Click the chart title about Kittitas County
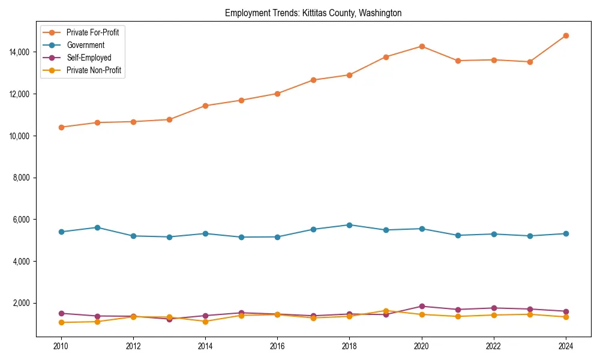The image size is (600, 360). (x=313, y=13)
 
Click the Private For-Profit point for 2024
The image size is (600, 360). (x=566, y=36)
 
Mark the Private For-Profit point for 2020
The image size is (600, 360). (x=422, y=46)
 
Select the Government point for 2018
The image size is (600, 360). (x=349, y=225)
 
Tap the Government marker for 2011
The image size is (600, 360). (x=97, y=227)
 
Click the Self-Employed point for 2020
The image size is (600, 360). (x=422, y=307)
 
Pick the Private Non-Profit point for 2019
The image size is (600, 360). (x=386, y=311)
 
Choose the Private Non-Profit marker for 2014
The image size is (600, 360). (x=205, y=322)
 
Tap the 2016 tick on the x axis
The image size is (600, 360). (x=277, y=346)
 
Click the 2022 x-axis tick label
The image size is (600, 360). (x=494, y=346)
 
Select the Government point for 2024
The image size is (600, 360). (x=566, y=233)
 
